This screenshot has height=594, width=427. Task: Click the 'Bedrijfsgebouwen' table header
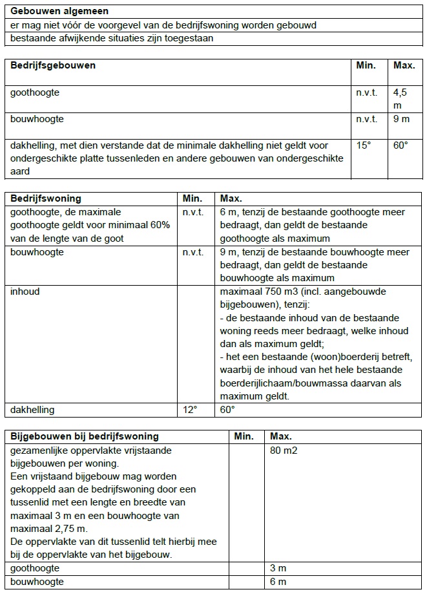[53, 65]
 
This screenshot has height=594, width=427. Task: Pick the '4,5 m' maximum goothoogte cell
[401, 98]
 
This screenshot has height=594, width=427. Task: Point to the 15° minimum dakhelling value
[364, 145]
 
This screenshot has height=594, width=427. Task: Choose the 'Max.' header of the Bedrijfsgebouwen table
[404, 65]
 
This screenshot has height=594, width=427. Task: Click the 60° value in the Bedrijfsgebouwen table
[401, 145]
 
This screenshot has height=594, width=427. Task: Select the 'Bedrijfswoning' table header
[46, 198]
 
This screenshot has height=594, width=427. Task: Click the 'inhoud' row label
[25, 292]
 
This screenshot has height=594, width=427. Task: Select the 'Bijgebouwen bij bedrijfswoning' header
[84, 436]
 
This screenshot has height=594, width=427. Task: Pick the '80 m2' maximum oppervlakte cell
[284, 450]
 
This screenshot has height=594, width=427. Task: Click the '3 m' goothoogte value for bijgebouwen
[278, 568]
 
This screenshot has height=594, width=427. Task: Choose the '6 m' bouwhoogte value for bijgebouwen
[278, 582]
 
